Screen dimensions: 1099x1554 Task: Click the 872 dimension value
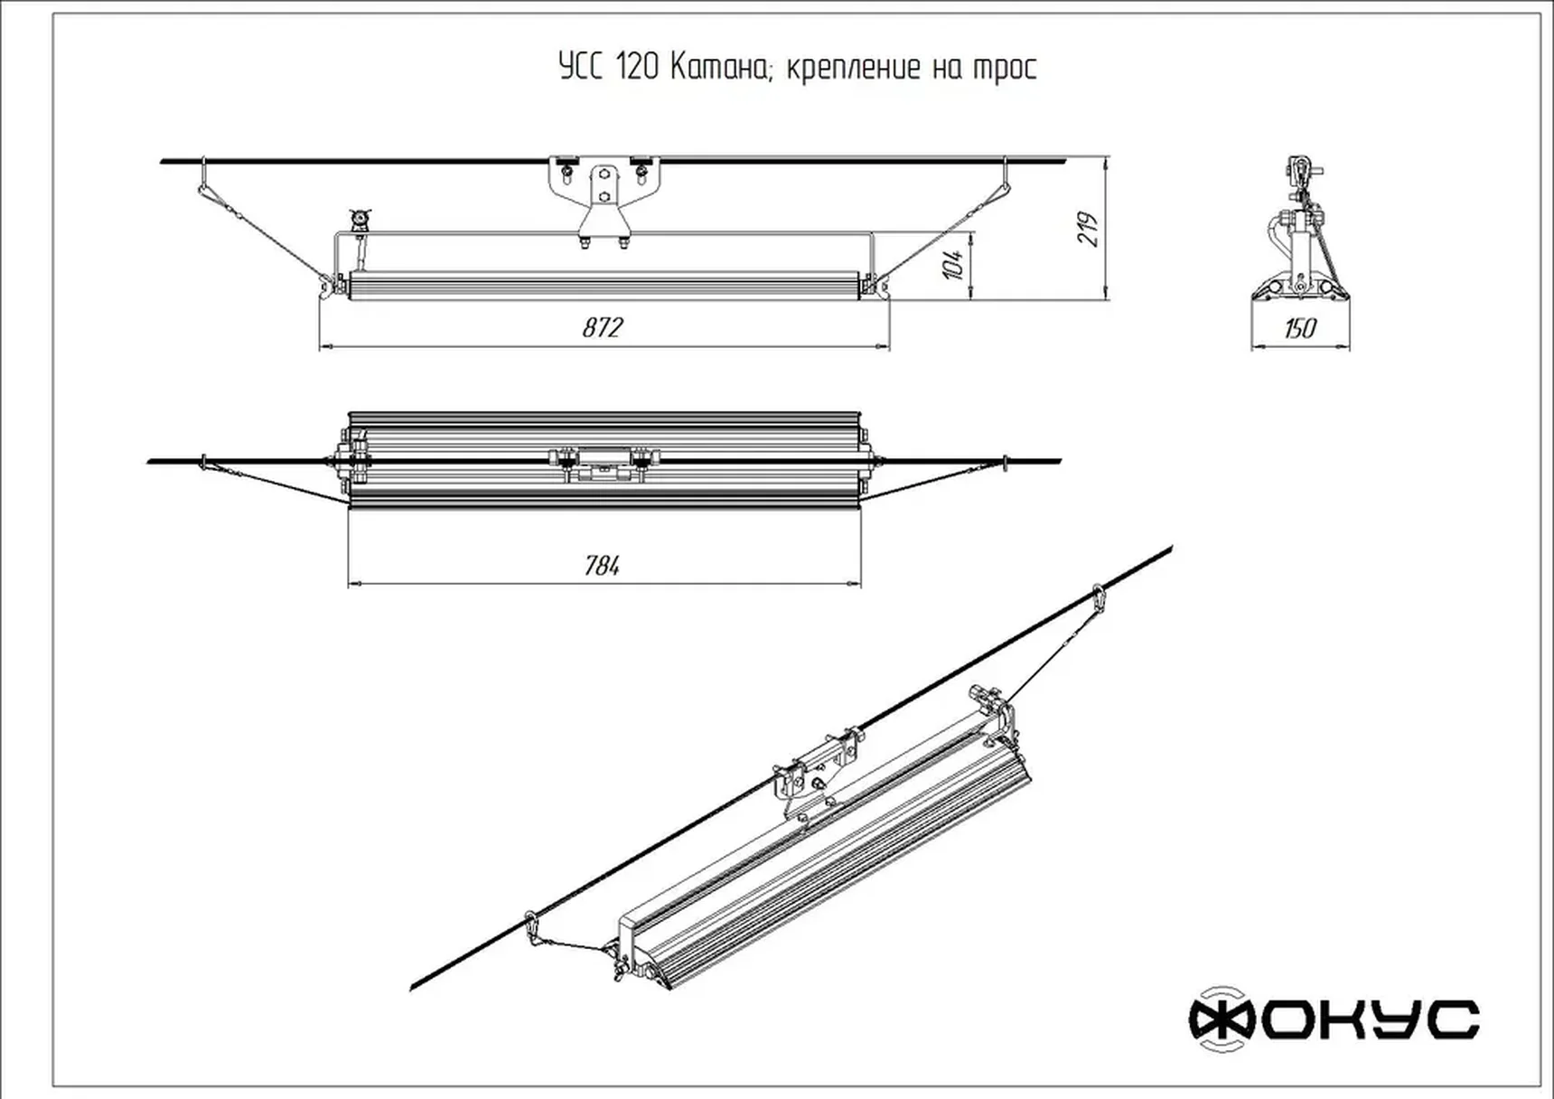(x=603, y=327)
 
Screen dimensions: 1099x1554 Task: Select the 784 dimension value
(x=603, y=566)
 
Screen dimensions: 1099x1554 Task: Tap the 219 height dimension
(x=1088, y=229)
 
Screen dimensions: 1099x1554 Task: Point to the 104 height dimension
(x=953, y=264)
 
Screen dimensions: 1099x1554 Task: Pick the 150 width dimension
(x=1300, y=328)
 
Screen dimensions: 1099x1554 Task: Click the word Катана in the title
(x=720, y=68)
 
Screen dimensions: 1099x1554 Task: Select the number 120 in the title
(x=637, y=68)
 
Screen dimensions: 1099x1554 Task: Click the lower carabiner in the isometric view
(x=532, y=925)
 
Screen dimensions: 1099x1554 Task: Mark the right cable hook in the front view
(x=1006, y=176)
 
